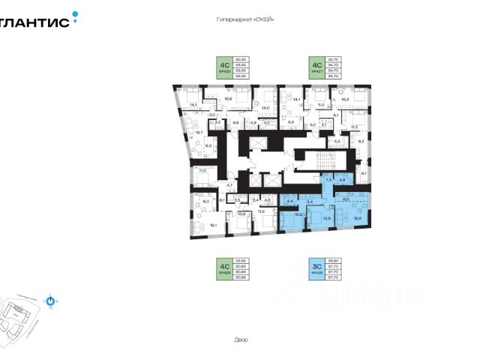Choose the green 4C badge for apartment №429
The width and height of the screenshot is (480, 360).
[x=223, y=268]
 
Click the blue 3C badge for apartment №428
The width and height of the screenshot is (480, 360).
[x=316, y=268]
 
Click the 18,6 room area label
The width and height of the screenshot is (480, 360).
[x=229, y=98]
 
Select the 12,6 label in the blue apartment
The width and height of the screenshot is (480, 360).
[x=326, y=218]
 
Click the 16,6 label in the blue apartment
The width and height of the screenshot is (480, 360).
[x=356, y=218]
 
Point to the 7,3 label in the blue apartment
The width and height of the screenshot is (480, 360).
[x=328, y=181]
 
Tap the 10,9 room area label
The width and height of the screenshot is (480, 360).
[x=241, y=214]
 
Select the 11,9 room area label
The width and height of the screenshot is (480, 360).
[x=261, y=212]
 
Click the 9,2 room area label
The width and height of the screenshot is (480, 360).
[x=360, y=141]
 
